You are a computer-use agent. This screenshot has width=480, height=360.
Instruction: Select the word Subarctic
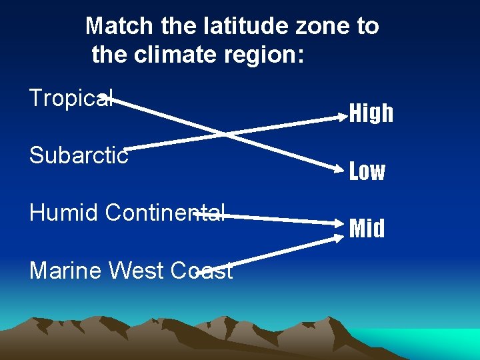(x=79, y=156)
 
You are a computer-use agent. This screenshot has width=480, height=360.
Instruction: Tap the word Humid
(x=64, y=213)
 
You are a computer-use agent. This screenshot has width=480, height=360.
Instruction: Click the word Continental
(x=165, y=213)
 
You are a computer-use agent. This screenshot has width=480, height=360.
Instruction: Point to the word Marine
(x=65, y=270)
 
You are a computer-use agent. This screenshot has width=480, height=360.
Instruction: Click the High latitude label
(x=371, y=114)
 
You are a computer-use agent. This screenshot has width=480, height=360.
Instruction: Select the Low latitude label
(x=367, y=171)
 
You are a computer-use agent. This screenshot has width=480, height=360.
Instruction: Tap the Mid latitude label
(x=367, y=229)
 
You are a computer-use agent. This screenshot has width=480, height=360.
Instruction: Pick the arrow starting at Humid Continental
(x=280, y=219)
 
